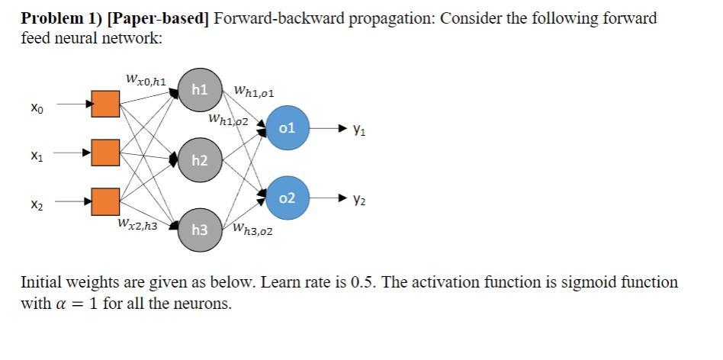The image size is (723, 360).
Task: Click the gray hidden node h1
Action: [200, 90]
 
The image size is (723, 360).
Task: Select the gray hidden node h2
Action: [200, 159]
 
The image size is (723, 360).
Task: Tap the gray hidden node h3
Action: [200, 230]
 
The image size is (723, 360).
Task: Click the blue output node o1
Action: [288, 127]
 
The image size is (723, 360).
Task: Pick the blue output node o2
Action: [288, 198]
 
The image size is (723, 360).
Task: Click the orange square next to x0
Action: [106, 104]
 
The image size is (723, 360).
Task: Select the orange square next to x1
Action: [106, 153]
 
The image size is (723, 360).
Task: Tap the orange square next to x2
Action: [106, 201]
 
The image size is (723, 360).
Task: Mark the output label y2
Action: [358, 200]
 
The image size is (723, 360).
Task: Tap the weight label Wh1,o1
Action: [255, 93]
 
